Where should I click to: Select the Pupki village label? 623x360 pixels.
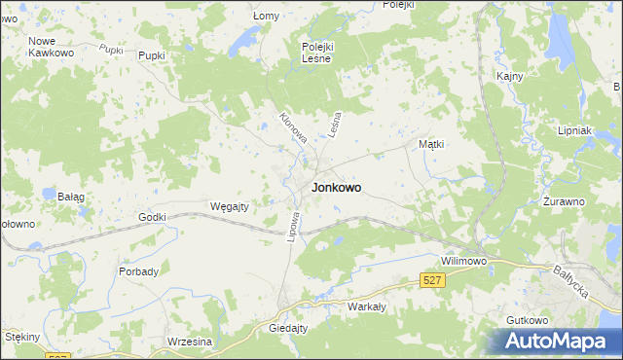pyautogui.click(x=154, y=56)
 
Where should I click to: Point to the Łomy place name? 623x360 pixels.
pyautogui.click(x=266, y=17)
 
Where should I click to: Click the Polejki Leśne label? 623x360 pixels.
pyautogui.click(x=317, y=53)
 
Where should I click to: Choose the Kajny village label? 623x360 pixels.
pyautogui.click(x=510, y=76)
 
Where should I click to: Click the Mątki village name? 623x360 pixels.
pyautogui.click(x=431, y=144)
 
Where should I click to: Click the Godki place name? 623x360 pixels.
pyautogui.click(x=153, y=217)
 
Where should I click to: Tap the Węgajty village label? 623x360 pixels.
pyautogui.click(x=231, y=206)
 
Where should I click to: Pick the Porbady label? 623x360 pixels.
pyautogui.click(x=138, y=271)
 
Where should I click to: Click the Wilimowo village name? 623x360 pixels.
pyautogui.click(x=463, y=262)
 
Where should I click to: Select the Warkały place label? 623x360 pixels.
pyautogui.click(x=367, y=306)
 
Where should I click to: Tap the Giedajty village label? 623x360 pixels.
pyautogui.click(x=288, y=329)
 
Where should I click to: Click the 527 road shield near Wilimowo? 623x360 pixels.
pyautogui.click(x=434, y=280)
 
